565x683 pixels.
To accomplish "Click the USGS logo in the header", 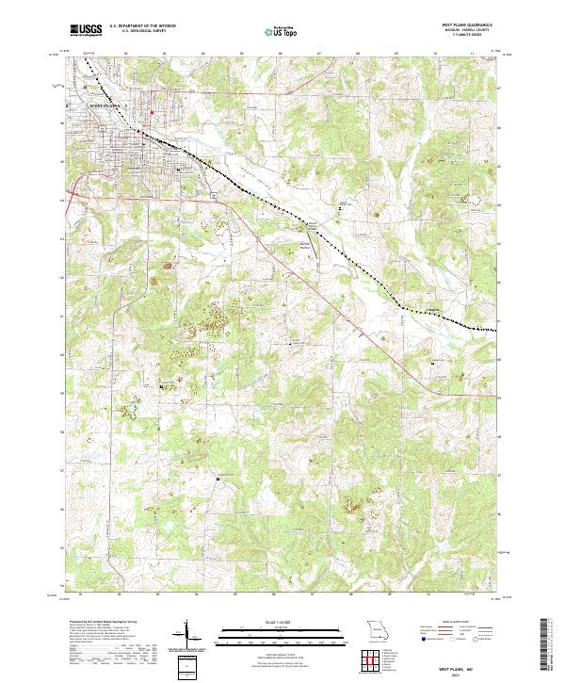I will [x=86, y=30].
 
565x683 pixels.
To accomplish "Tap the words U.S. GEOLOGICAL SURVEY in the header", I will [x=140, y=33].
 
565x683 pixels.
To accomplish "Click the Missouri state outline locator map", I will [x=377, y=627].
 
